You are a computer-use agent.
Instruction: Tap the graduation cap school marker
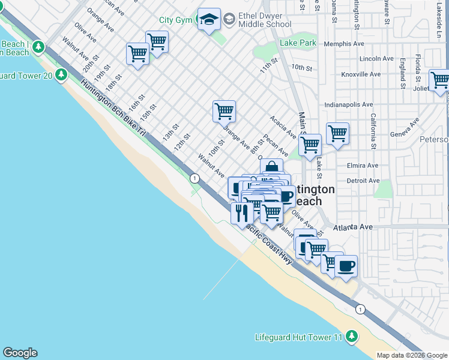pos(209,20)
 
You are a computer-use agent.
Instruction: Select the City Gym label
pos(175,20)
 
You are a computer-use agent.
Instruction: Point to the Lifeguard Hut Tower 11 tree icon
pos(351,337)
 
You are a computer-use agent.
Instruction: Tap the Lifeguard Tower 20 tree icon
pos(61,74)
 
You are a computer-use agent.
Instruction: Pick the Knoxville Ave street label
pos(361,74)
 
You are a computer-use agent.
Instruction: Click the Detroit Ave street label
pos(363,181)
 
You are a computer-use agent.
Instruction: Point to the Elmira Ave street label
pos(363,166)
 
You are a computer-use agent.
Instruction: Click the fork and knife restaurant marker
pos(241,212)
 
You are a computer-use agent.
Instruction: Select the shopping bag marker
pos(271,168)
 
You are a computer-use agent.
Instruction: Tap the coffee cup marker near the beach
pos(346,265)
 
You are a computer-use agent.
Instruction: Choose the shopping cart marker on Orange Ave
pos(224,110)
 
